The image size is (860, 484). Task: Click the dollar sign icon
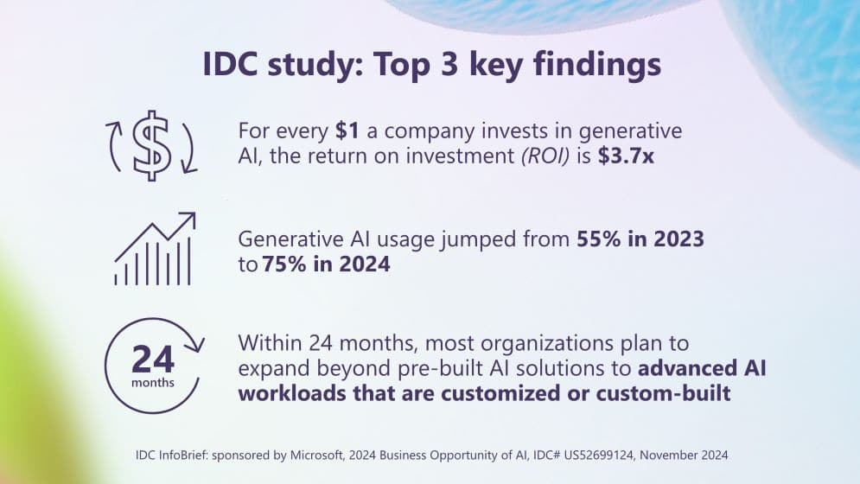coord(153,145)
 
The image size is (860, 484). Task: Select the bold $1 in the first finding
coord(347,132)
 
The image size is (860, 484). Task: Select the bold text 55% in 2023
coord(640,239)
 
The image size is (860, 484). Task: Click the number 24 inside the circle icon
coord(152,357)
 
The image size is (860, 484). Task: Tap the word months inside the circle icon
coord(152,382)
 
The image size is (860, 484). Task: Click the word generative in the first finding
coord(627,132)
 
